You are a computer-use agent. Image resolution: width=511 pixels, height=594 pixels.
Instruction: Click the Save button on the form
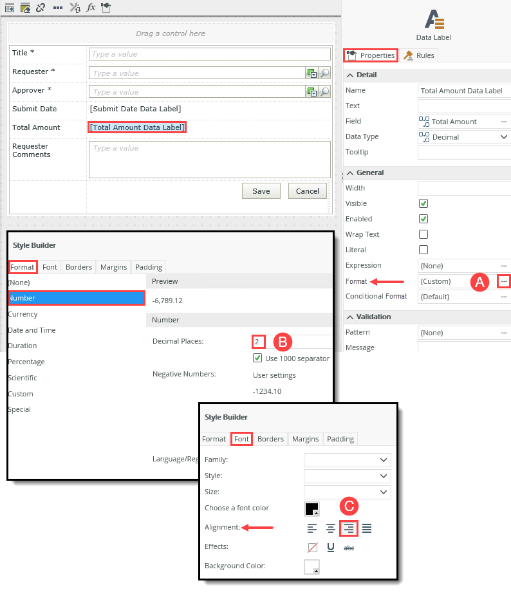[261, 190]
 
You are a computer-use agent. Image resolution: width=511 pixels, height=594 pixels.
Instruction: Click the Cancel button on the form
[308, 190]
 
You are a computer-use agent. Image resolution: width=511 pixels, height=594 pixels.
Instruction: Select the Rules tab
[419, 55]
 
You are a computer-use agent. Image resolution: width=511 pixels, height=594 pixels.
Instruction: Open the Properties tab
[371, 55]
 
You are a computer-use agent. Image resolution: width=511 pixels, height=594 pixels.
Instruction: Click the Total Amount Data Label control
[138, 127]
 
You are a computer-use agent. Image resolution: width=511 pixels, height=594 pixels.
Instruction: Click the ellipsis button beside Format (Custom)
[504, 281]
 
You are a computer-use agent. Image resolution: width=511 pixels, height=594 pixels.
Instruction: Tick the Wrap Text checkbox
[423, 234]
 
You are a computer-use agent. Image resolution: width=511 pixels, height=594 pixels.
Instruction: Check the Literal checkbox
[423, 250]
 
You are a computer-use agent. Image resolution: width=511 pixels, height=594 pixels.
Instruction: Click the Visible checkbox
[423, 203]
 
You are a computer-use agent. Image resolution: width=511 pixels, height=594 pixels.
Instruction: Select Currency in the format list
[23, 314]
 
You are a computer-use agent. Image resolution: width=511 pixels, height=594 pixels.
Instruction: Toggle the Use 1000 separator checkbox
[257, 358]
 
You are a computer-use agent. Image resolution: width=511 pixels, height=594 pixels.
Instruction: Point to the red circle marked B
[284, 341]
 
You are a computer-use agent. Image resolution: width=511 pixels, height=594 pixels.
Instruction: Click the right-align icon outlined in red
[349, 528]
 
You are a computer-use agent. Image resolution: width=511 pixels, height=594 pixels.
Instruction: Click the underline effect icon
[331, 548]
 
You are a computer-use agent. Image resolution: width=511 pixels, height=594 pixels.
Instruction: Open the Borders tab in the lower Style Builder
[270, 439]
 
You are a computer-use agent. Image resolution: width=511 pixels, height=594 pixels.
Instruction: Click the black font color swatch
[311, 508]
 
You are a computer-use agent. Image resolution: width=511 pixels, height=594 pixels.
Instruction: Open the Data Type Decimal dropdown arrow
[503, 137]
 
